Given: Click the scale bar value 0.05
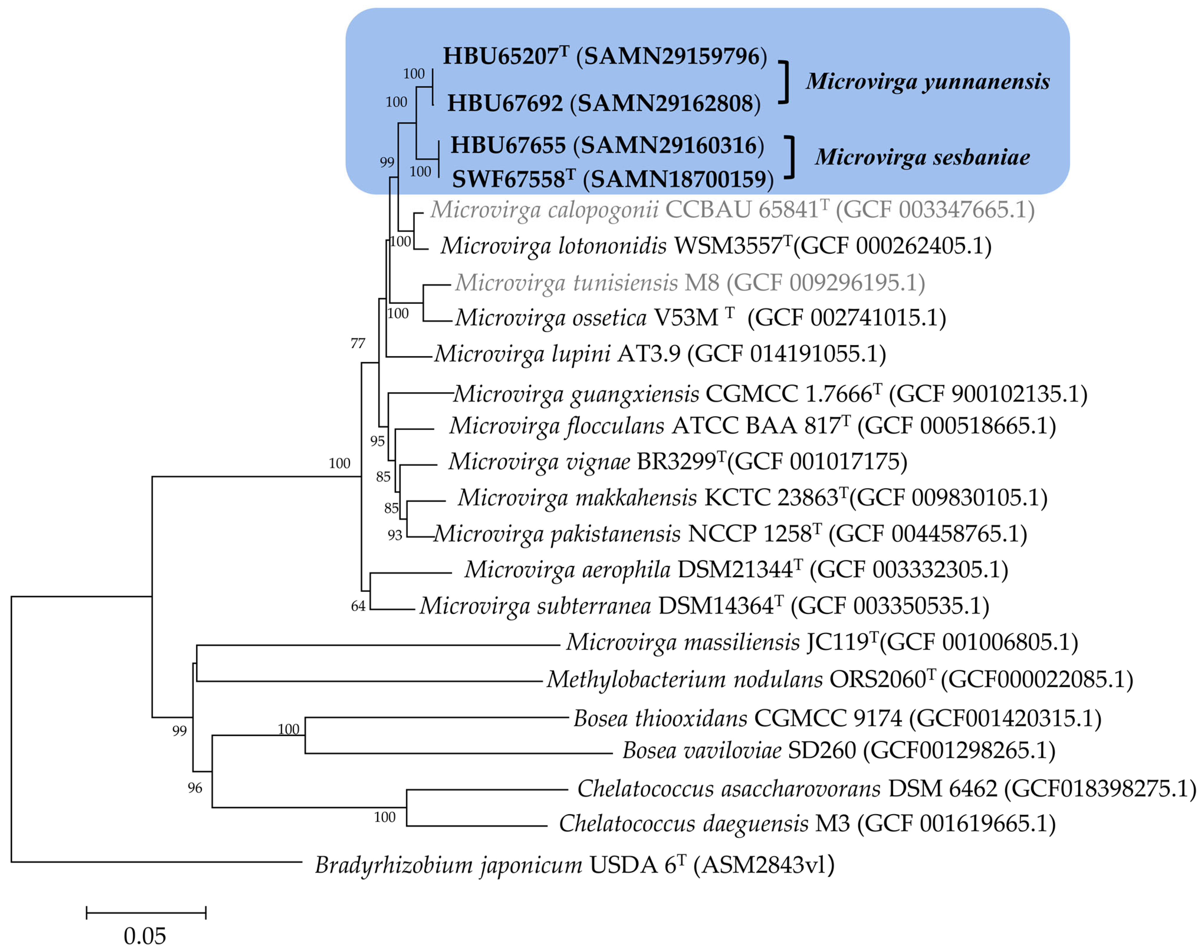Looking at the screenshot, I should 145,936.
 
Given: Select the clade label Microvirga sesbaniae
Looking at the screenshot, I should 922,157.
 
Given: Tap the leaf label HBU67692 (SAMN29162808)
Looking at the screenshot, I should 604,104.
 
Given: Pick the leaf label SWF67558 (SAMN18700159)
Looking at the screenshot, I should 612,179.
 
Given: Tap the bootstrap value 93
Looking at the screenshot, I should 395,536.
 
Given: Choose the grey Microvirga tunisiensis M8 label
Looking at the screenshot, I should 690,283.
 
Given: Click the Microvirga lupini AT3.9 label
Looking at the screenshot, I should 660,354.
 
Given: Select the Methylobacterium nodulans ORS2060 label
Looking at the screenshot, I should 839,680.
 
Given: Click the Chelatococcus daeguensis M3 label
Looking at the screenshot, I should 807,824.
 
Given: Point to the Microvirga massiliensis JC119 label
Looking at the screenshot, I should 822,643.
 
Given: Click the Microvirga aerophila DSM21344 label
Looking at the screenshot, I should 736,570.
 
